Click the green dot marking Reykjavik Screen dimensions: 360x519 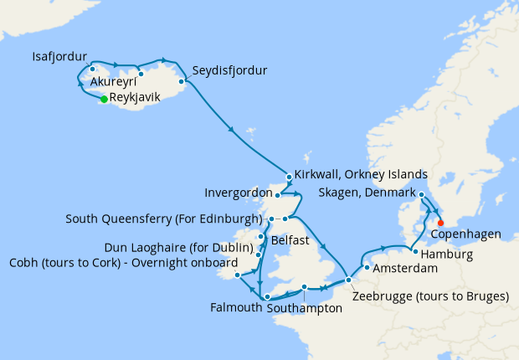click(104, 99)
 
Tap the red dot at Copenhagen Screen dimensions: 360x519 click(440, 223)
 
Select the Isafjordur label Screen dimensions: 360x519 click(59, 57)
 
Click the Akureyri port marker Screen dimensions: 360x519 click(141, 74)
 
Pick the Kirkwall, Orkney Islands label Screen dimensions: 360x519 click(362, 174)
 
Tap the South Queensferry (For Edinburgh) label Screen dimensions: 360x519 click(164, 219)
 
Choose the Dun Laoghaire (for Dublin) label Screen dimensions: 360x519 click(179, 248)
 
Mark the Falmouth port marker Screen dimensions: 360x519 click(266, 297)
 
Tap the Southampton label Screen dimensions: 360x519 click(305, 308)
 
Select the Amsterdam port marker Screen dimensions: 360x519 click(367, 268)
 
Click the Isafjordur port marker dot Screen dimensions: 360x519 click(92, 69)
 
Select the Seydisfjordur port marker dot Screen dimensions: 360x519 click(182, 81)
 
